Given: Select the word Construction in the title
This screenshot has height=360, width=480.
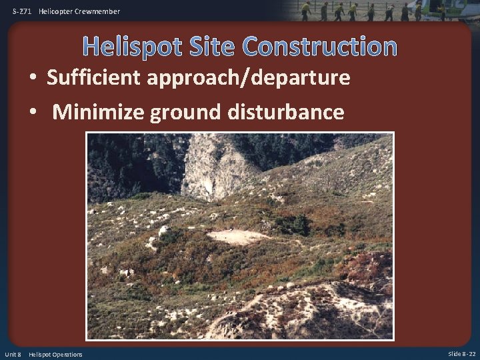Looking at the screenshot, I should pyautogui.click(x=320, y=47).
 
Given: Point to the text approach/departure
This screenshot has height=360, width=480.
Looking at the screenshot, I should pyautogui.click(x=248, y=79).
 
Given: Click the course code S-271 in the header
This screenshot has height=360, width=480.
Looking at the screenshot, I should pyautogui.click(x=21, y=11).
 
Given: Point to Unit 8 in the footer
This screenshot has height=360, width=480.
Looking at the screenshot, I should pyautogui.click(x=13, y=354).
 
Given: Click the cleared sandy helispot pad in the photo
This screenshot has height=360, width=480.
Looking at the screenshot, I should pyautogui.click(x=237, y=236).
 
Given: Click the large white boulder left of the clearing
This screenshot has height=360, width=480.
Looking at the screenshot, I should pyautogui.click(x=163, y=231).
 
